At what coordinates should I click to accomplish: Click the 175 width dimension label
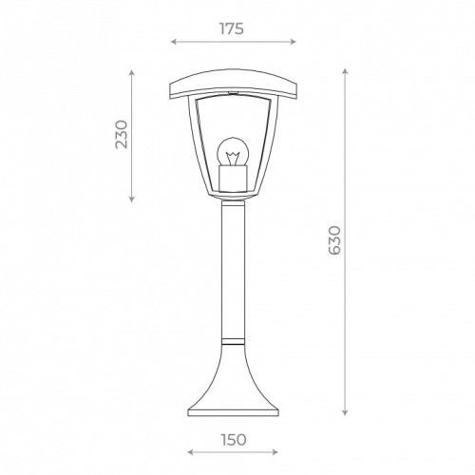(x=232, y=28)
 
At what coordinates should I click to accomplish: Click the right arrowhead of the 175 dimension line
(x=294, y=42)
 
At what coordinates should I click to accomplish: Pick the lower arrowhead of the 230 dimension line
(x=130, y=200)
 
